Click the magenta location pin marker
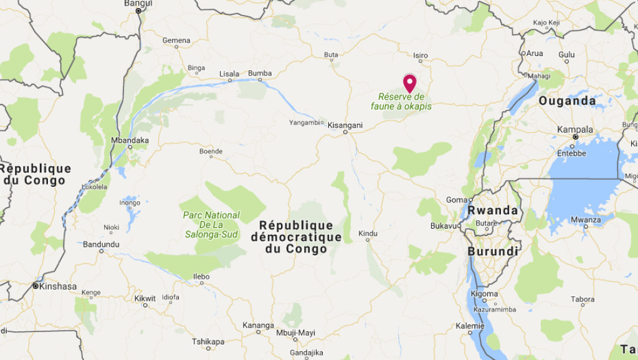pos(409,83)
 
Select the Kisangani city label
pos(345,125)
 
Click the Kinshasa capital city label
pos(57,287)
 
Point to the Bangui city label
pos(138,3)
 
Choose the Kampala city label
pos(574,129)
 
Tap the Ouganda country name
pos(567,101)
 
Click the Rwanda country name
pos(493,211)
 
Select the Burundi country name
pos(493,252)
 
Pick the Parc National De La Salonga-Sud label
pos(211,224)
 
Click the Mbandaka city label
pos(130,140)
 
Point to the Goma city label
pos(456,200)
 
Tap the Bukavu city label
pos(444,225)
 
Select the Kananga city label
pos(258,325)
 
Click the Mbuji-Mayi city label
pos(295,333)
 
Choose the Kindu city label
pos(368,234)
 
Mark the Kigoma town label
pos(484,294)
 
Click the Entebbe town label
pos(572,153)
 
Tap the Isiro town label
pos(421,55)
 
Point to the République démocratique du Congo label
pos(296,237)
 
